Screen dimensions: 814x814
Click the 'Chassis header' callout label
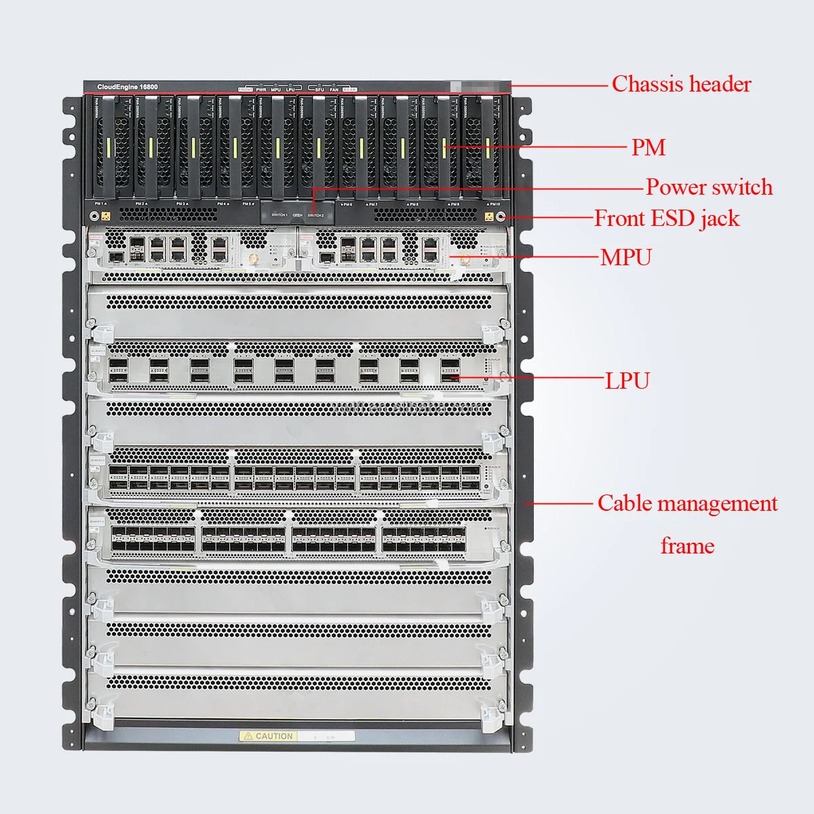pos(681,84)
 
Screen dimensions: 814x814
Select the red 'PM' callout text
pos(648,147)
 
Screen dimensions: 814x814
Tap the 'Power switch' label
pos(709,187)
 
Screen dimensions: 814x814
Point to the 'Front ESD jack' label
pos(667,218)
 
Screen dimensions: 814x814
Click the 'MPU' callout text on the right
pos(625,258)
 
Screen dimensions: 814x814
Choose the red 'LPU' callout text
pos(627,381)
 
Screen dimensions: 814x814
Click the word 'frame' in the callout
pos(687,545)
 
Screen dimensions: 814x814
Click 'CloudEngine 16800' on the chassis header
pos(128,88)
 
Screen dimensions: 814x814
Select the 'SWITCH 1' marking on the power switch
pos(279,215)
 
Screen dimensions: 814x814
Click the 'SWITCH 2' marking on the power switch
pos(315,215)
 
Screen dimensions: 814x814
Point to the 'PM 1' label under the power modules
pos(100,203)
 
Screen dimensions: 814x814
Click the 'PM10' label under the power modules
pos(493,203)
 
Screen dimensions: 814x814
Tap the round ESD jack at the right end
pos(502,217)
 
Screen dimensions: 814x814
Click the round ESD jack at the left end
pos(93,217)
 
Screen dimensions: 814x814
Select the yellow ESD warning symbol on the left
pos(106,217)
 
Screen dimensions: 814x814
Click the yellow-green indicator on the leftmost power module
pos(109,147)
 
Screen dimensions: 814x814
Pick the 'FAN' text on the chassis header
pos(334,90)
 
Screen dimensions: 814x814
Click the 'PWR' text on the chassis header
pos(260,90)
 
